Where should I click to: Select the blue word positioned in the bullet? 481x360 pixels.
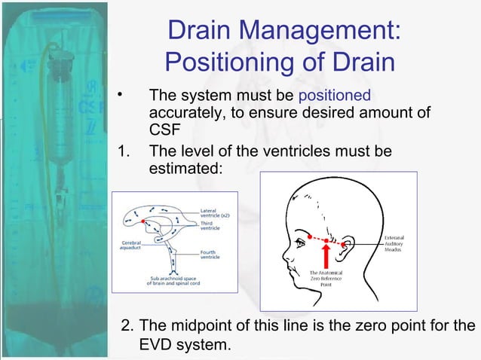(x=335, y=96)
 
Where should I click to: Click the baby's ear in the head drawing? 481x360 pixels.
(x=348, y=245)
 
